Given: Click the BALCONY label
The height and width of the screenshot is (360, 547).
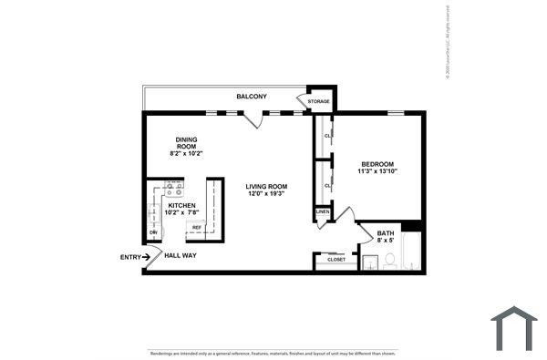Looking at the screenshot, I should tap(252, 97).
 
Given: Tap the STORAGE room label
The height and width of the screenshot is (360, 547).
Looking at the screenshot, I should tap(319, 101).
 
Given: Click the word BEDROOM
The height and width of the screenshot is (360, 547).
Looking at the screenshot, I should tap(377, 164).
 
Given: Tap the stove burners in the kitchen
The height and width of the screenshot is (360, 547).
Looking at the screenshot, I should tap(173, 190).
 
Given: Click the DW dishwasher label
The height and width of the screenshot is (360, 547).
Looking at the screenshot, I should tap(153, 232).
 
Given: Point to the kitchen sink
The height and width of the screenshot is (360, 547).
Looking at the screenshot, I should tap(152, 214).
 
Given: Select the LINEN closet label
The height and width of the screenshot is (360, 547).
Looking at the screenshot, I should tap(322, 212).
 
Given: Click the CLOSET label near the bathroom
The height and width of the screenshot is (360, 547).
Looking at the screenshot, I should tap(335, 260).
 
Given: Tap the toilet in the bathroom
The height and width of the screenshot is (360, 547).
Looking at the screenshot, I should tap(389, 261).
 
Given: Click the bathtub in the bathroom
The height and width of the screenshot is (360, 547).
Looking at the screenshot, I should tap(411, 252).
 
